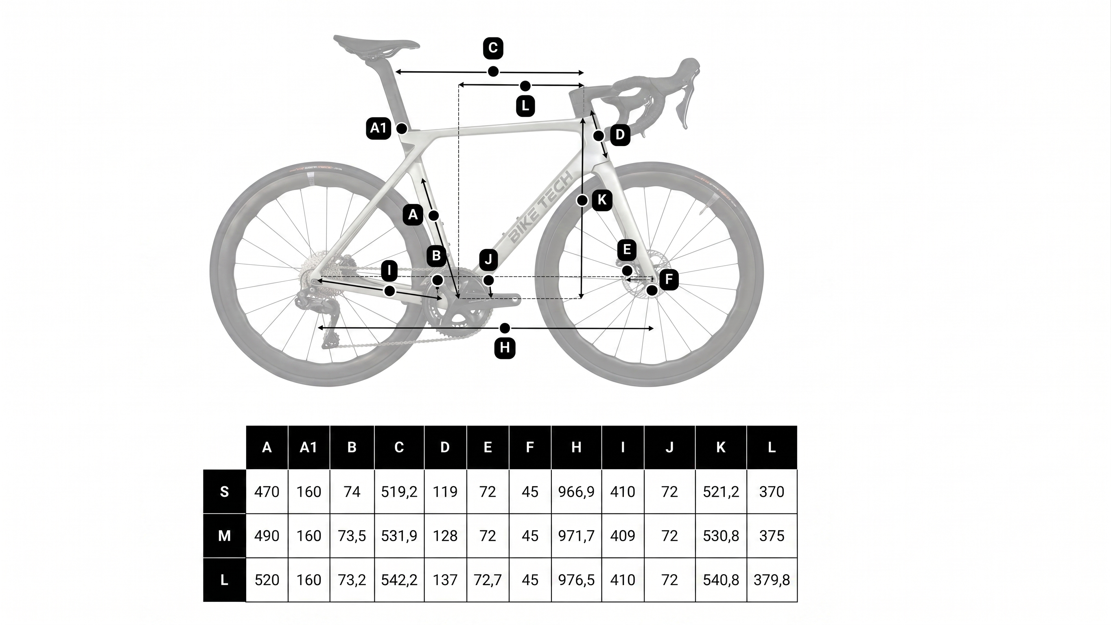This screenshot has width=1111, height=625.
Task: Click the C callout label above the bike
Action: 493,48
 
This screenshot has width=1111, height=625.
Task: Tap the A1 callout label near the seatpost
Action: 378,128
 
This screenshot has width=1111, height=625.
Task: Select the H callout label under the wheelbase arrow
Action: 505,347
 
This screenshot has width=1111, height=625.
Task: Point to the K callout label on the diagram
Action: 601,200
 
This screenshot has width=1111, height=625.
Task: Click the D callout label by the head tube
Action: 620,135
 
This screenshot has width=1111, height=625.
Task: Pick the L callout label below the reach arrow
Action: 525,106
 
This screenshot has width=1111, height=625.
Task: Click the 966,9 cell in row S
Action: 576,492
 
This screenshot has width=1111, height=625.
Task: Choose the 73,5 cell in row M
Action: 352,536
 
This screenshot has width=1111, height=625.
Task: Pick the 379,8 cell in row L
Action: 772,580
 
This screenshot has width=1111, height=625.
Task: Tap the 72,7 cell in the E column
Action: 488,580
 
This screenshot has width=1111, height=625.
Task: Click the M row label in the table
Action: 224,536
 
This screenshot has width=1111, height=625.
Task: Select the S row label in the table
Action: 224,492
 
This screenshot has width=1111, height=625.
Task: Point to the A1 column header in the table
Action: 308,447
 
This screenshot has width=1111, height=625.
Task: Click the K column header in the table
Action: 721,447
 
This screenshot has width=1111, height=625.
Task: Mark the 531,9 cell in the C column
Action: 399,536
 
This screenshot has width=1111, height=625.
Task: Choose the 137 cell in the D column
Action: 445,580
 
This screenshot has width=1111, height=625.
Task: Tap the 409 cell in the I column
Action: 622,536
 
